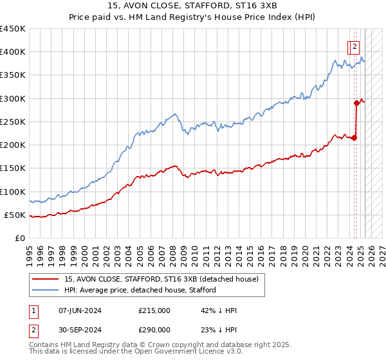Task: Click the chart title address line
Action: [193, 5]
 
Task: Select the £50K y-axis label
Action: [16, 215]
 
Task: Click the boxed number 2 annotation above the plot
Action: [354, 46]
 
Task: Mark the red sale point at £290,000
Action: [356, 103]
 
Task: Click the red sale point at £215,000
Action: [354, 138]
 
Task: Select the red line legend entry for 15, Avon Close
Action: [161, 279]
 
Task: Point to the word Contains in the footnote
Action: [44, 345]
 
